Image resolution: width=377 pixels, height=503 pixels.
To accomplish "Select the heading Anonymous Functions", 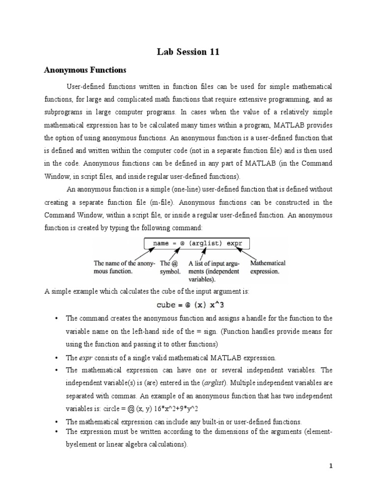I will point(85,70).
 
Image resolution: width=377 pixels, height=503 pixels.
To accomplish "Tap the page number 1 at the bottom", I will point(331,467).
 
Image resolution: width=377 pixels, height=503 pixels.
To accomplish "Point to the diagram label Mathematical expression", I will point(268,267).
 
